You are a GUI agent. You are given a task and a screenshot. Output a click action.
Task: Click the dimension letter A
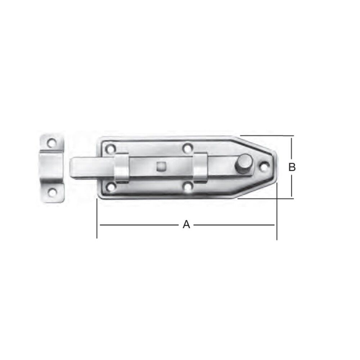click(x=186, y=225)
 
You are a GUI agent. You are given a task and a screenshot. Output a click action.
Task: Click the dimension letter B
click(x=292, y=167)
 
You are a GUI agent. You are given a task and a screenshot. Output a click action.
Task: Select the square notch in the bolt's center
click(x=161, y=166)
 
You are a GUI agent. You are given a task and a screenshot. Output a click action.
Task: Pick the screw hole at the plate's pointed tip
click(x=265, y=166)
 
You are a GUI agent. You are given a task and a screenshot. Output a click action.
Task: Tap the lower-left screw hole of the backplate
click(x=111, y=186)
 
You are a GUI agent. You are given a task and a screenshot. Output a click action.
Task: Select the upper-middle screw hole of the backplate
click(x=187, y=148)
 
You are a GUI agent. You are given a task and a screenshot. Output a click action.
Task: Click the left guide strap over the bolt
click(x=122, y=167)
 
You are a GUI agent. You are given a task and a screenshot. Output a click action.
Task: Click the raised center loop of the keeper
click(x=51, y=168)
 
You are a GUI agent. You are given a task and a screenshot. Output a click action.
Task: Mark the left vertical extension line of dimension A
click(x=97, y=220)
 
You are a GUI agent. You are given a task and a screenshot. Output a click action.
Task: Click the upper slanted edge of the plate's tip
click(x=258, y=144)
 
